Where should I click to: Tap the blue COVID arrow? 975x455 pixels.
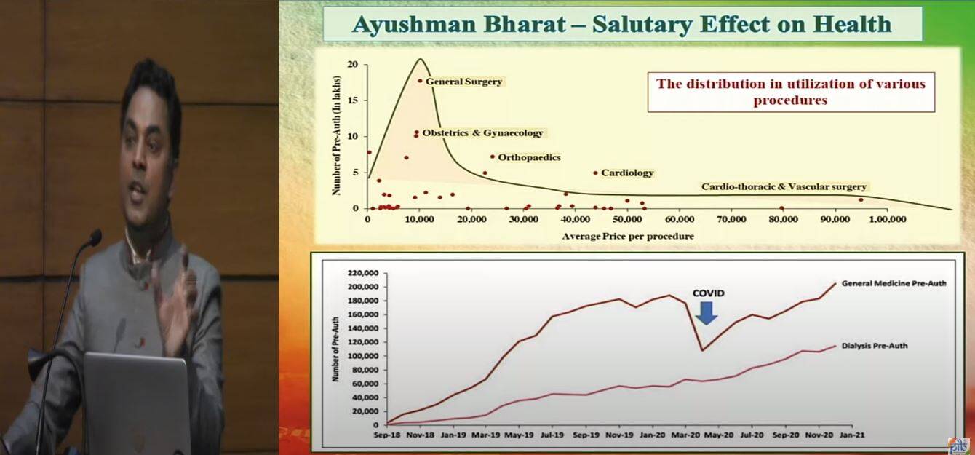tap(706, 313)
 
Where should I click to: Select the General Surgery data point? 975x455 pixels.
tap(420, 81)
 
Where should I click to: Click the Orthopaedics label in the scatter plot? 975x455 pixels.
tap(529, 157)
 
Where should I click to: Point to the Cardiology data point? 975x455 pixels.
tap(595, 173)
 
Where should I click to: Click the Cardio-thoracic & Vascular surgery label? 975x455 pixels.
tap(784, 187)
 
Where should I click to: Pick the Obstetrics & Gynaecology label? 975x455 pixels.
tap(482, 132)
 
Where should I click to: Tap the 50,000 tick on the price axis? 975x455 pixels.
tap(627, 219)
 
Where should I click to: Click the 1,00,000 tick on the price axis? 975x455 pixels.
tap(887, 219)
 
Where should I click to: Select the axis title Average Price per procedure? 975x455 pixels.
tap(628, 236)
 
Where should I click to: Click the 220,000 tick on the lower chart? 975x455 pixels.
tap(363, 273)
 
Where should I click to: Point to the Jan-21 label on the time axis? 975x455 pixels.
tap(852, 435)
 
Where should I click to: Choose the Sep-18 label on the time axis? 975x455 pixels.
tap(387, 435)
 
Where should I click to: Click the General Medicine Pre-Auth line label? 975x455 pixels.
tap(894, 283)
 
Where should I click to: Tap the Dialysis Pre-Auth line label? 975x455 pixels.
tap(875, 346)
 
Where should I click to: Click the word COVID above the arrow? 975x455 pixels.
tap(708, 293)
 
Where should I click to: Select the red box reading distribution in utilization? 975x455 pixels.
tap(791, 92)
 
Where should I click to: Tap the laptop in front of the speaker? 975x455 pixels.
tap(137, 403)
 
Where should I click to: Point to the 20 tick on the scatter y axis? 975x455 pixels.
tap(353, 65)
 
